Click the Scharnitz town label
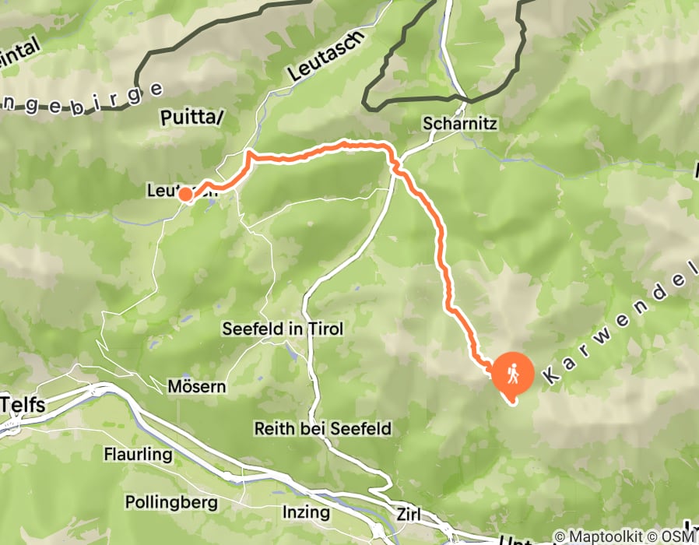pyautogui.click(x=459, y=123)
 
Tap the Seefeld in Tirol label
pyautogui.click(x=283, y=329)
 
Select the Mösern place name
pyautogui.click(x=197, y=386)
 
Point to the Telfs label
pyautogui.click(x=24, y=405)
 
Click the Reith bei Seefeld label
pyautogui.click(x=322, y=428)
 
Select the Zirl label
pyautogui.click(x=413, y=515)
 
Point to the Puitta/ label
pyautogui.click(x=191, y=118)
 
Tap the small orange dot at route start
pyautogui.click(x=186, y=195)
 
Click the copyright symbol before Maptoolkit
pyautogui.click(x=560, y=536)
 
